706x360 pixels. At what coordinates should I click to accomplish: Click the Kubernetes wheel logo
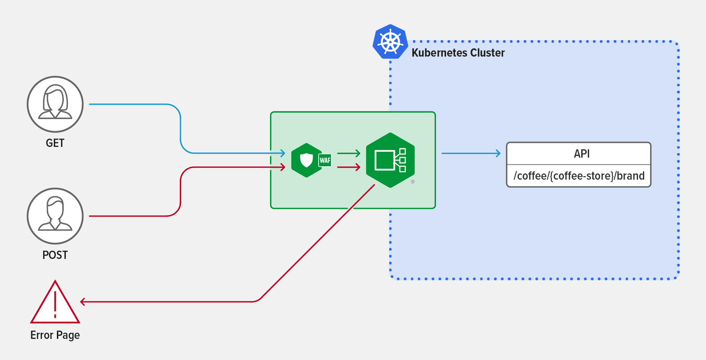click(390, 42)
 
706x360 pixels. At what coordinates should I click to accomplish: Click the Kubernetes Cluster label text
click(458, 53)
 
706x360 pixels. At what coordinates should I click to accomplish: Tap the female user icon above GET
click(55, 104)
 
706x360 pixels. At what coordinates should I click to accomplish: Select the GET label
click(55, 143)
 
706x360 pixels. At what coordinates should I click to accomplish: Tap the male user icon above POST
click(55, 216)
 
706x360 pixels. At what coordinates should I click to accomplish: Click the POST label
click(55, 255)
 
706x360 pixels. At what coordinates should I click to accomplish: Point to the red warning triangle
click(55, 304)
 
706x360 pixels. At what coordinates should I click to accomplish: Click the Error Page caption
click(55, 335)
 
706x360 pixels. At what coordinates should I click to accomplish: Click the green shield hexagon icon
click(306, 160)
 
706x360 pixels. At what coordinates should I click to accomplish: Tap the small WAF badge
click(325, 161)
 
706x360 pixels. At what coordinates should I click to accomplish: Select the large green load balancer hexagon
click(390, 160)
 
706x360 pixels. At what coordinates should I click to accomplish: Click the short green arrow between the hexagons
click(349, 154)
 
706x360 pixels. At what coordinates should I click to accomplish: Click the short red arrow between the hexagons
click(349, 167)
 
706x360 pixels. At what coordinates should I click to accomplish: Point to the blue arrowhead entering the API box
click(498, 154)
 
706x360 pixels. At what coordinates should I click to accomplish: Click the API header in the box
click(581, 154)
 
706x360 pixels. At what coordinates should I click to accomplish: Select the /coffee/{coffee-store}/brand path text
click(578, 176)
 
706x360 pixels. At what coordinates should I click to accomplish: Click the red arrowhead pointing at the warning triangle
click(83, 302)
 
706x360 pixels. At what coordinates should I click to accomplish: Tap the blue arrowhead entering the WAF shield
click(283, 154)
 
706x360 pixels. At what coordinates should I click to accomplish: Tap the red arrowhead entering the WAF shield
click(283, 167)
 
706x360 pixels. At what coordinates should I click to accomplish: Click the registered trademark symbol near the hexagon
click(413, 182)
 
